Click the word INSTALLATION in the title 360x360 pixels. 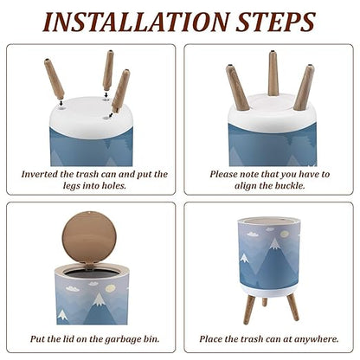[136, 22]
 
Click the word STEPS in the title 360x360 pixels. [276, 22]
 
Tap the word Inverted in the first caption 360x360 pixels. [40, 174]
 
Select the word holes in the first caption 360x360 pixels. [114, 185]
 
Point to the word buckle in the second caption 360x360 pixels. [289, 185]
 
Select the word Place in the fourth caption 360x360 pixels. [210, 338]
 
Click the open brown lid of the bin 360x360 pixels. [89, 236]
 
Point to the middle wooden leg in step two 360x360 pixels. [273, 74]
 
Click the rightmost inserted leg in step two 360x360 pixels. [304, 87]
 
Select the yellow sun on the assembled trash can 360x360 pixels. [284, 234]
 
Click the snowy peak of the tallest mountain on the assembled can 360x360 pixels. [274, 244]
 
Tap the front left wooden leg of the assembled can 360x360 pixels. [248, 309]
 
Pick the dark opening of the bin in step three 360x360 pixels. [91, 273]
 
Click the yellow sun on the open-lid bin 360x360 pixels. [110, 288]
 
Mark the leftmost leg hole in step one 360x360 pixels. [61, 108]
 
